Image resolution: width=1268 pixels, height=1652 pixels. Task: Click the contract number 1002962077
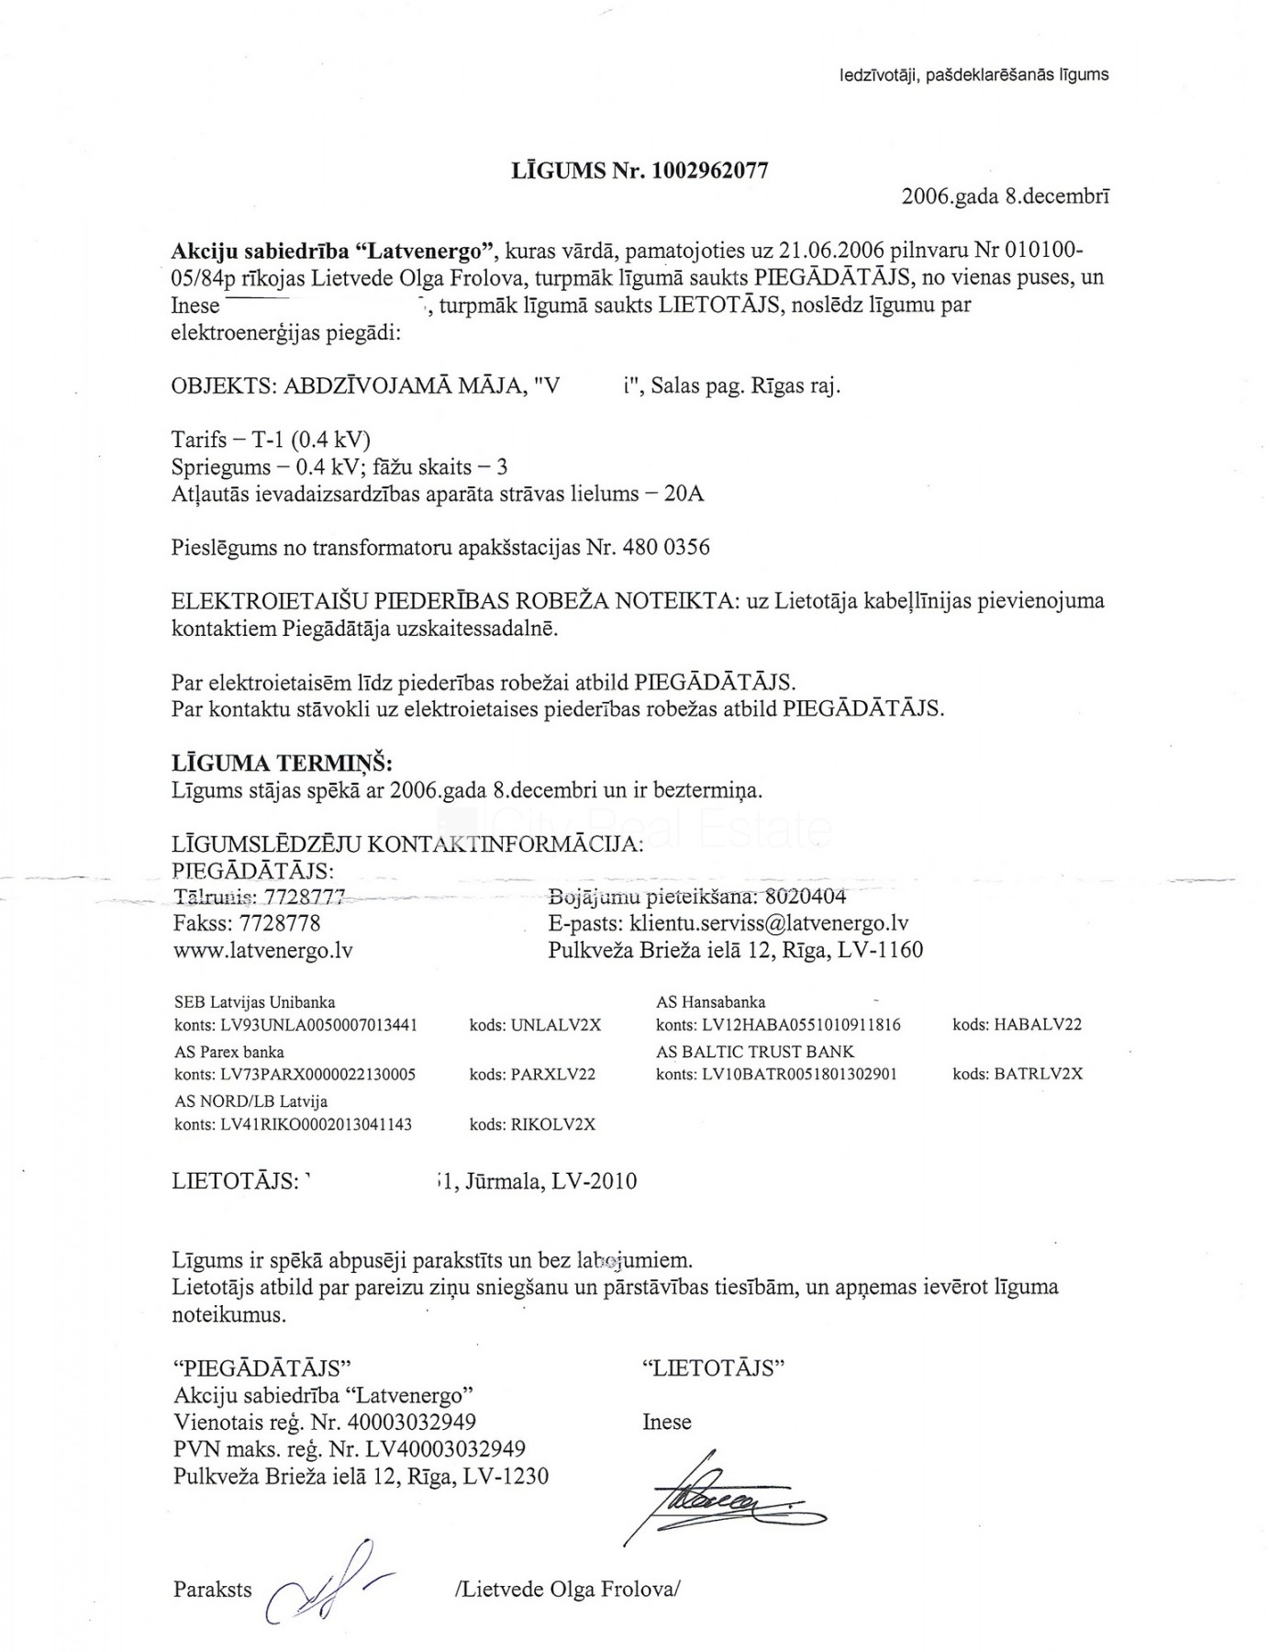[710, 170]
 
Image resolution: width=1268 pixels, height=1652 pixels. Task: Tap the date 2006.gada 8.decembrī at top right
[1006, 195]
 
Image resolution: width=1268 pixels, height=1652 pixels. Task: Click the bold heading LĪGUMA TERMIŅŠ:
[282, 764]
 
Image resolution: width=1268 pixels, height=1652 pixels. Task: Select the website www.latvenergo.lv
[263, 951]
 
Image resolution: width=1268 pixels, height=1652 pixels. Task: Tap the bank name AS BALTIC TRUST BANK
[755, 1052]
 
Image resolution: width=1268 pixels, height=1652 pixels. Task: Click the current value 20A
[684, 494]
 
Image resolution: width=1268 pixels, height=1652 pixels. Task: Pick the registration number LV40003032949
[435, 1449]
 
